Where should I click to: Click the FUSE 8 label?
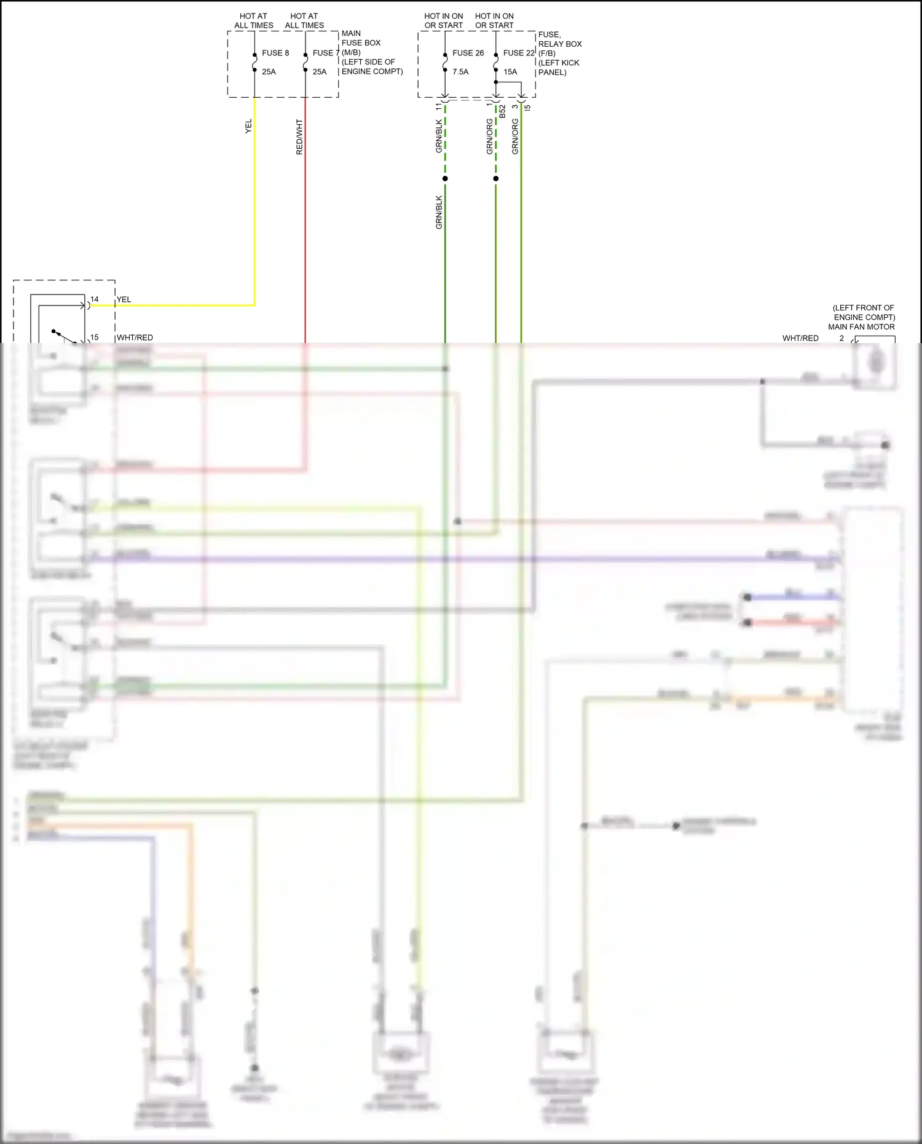(275, 53)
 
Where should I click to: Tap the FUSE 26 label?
(468, 53)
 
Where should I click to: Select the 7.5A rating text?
(460, 72)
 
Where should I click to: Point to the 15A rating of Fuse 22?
(510, 72)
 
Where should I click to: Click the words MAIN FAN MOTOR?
(861, 327)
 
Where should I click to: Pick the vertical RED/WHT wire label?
(299, 137)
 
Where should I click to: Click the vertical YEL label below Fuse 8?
(248, 127)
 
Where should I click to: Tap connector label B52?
(502, 111)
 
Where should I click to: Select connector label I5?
(527, 108)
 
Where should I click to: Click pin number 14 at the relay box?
(94, 299)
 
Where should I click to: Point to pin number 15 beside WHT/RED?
(94, 337)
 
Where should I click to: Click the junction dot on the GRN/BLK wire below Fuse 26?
(445, 179)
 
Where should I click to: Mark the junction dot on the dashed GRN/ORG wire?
(496, 179)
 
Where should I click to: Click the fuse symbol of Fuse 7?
(305, 63)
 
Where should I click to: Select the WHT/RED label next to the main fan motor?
(800, 338)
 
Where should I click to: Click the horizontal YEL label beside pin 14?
(124, 299)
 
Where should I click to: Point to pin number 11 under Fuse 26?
(438, 106)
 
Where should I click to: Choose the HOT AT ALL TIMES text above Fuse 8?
(253, 21)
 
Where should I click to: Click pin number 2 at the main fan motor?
(841, 338)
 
